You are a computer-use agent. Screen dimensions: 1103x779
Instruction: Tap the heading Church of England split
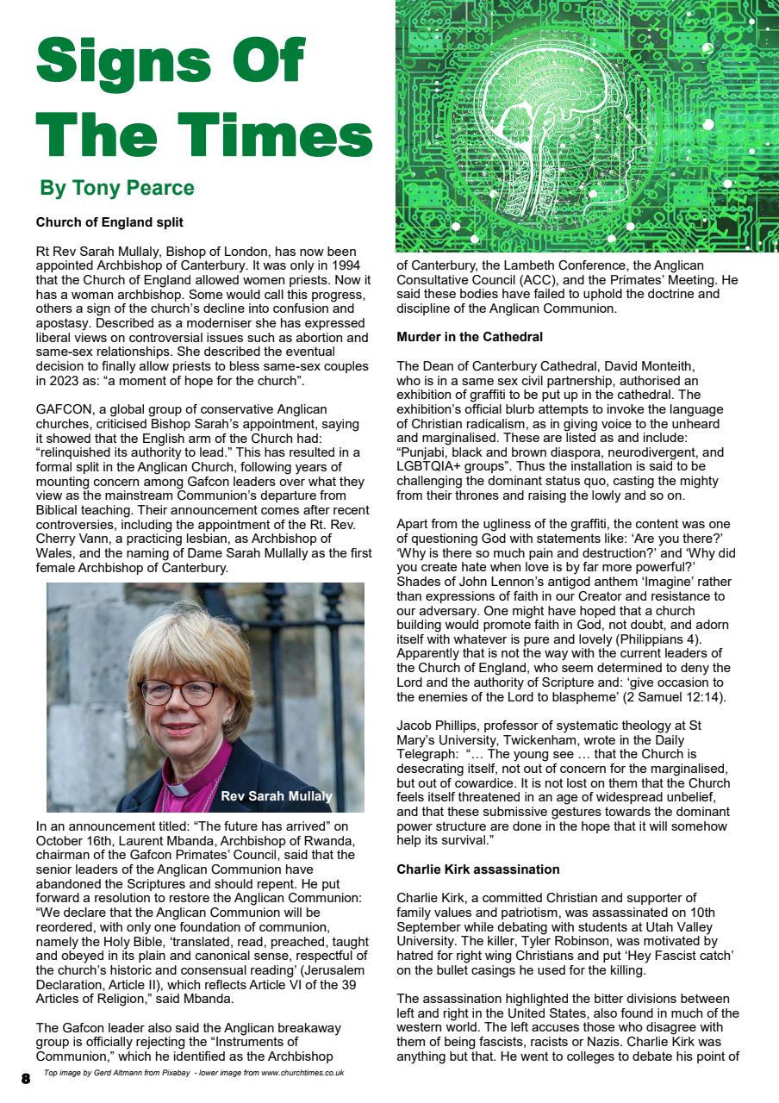click(109, 222)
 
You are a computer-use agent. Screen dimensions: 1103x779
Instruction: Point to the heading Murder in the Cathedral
click(469, 336)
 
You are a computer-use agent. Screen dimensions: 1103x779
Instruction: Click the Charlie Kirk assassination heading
click(477, 869)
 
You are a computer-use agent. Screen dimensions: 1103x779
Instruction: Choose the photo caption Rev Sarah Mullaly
click(276, 796)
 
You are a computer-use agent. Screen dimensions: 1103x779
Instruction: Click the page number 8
click(26, 1078)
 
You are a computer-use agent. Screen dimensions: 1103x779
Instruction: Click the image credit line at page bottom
click(194, 1073)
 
